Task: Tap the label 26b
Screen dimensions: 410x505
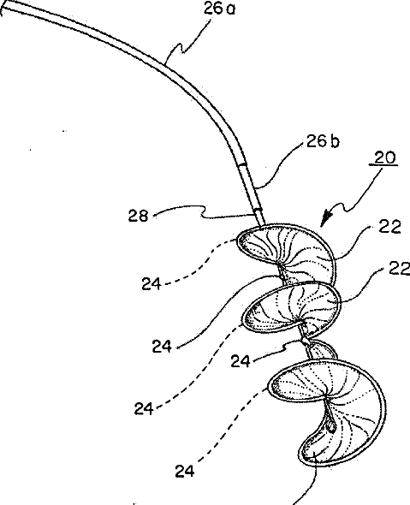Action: coord(323,140)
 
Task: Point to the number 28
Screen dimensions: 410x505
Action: coord(138,216)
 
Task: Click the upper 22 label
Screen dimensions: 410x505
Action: coord(389,227)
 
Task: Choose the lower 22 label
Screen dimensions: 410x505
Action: coord(399,268)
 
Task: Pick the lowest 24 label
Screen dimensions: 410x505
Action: coord(185,472)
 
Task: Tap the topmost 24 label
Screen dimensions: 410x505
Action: coord(151,283)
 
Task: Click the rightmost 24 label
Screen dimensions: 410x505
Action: coord(241,361)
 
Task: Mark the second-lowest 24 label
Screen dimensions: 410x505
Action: coord(144,408)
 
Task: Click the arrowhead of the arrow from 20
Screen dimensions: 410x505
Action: coord(326,218)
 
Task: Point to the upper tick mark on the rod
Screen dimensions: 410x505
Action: coord(243,165)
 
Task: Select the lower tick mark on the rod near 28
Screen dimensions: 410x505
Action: coord(258,210)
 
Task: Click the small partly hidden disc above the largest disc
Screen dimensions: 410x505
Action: coord(322,349)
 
